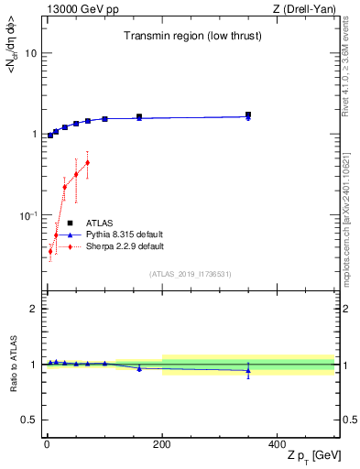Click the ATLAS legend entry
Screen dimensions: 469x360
99,223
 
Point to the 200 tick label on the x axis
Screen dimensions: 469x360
162,442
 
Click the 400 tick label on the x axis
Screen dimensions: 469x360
278,442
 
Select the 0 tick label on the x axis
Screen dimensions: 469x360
47,442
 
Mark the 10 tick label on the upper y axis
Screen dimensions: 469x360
30,53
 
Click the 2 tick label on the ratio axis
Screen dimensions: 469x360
34,309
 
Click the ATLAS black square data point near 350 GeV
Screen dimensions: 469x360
248,115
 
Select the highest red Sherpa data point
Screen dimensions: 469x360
87,163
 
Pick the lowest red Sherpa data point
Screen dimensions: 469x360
50,251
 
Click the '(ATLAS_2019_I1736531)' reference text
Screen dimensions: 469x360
191,274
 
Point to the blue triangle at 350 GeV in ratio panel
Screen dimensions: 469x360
248,370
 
